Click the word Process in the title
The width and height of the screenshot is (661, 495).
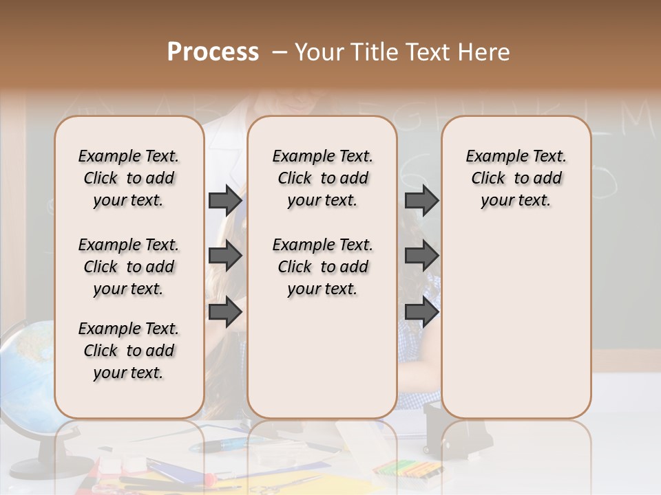[x=213, y=52]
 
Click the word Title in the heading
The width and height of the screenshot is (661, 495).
[x=374, y=52]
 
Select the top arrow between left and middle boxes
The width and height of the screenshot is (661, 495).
[x=225, y=200]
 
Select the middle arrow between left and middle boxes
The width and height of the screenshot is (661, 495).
[x=225, y=256]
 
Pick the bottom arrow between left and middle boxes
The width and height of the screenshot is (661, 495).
[x=225, y=312]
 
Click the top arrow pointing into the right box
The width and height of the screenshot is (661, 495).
[x=421, y=200]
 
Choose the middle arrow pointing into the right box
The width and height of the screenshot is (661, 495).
[x=421, y=256]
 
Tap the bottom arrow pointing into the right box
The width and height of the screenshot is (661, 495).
[x=421, y=312]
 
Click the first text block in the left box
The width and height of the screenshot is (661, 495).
[x=129, y=178]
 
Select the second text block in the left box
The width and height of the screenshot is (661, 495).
[x=129, y=267]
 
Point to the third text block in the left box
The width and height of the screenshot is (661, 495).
[x=129, y=351]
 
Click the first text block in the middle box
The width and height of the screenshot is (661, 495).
[x=322, y=178]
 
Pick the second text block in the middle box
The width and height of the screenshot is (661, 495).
[x=322, y=267]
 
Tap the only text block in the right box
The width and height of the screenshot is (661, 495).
[x=516, y=178]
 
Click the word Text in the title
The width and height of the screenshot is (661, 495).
[x=427, y=52]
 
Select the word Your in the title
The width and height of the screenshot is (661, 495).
[x=320, y=52]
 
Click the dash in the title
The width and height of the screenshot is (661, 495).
[x=280, y=52]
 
